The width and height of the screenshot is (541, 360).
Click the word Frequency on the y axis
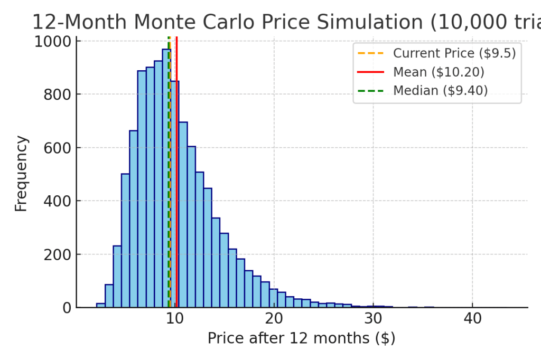[x=21, y=174]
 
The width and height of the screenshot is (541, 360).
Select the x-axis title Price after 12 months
[x=301, y=338]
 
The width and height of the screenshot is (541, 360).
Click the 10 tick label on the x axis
[x=175, y=319]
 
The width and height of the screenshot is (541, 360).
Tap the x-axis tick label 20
[x=274, y=319]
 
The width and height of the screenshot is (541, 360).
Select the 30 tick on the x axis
[x=373, y=319]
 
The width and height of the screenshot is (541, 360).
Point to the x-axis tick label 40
[x=472, y=319]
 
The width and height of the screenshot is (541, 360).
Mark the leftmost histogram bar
[x=100, y=305]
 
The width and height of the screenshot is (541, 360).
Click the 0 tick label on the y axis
[x=68, y=308]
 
